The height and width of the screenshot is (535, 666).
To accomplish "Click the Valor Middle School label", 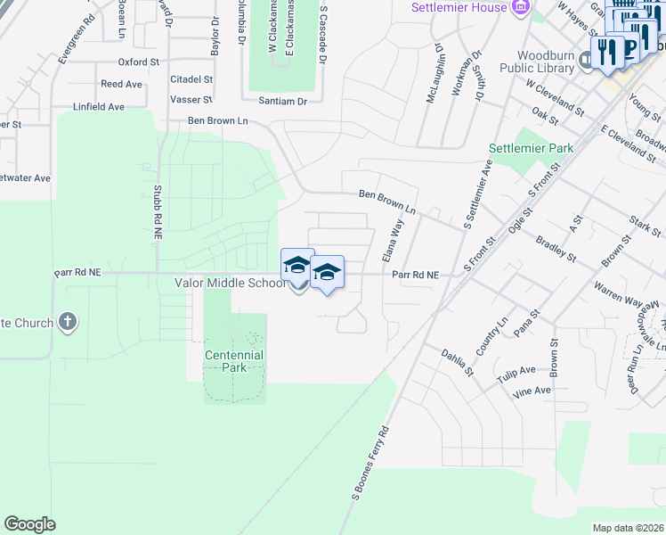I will (230, 282).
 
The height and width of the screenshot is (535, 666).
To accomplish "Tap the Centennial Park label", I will (234, 361).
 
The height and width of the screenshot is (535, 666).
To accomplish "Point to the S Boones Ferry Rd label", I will (368, 461).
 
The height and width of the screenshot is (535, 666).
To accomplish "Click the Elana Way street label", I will (393, 240).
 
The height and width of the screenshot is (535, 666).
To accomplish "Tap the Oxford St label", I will (138, 62).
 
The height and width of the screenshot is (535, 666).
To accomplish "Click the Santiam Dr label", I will (282, 102).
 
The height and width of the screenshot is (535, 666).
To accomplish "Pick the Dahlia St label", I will (458, 362).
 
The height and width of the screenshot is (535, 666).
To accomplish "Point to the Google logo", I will (29, 523).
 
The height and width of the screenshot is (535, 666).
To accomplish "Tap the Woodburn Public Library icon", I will (586, 60).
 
